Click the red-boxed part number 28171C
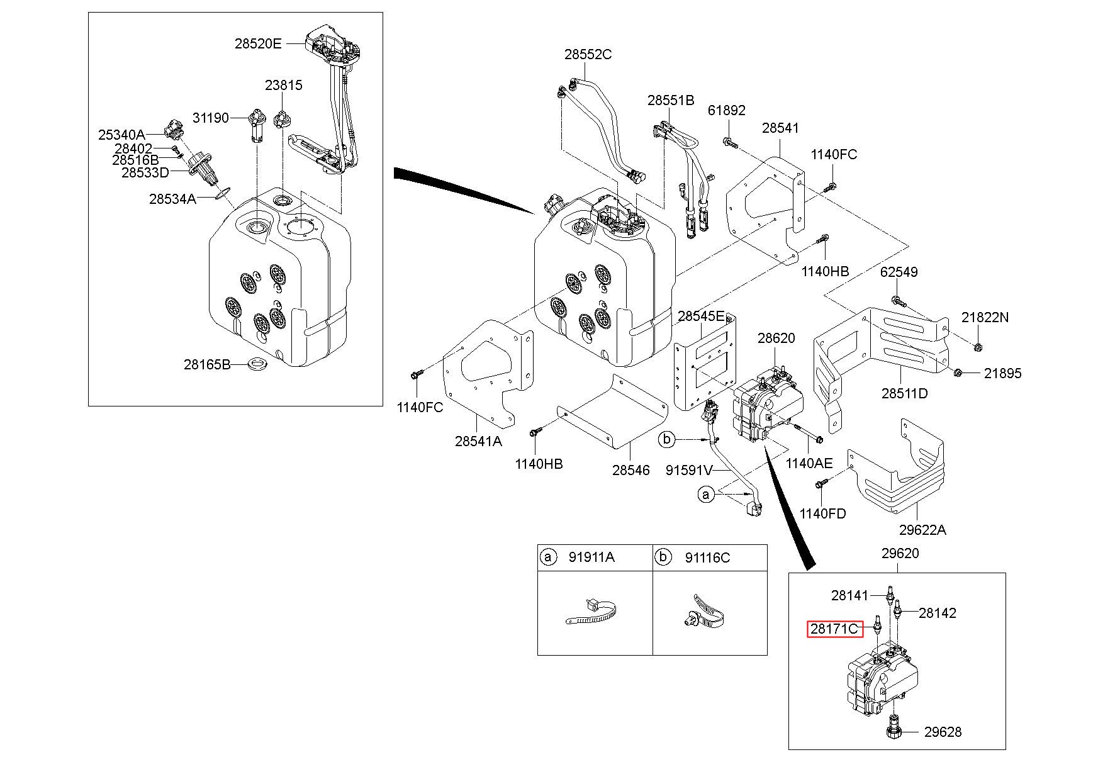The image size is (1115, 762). click(834, 629)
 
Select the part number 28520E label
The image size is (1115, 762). click(258, 43)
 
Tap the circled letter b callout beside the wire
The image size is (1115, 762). click(667, 439)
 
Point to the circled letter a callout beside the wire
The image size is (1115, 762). click(705, 495)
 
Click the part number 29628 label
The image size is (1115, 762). click(943, 732)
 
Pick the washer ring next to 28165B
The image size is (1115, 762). click(256, 364)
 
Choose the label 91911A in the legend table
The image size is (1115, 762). click(591, 557)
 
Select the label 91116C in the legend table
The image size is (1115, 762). click(707, 557)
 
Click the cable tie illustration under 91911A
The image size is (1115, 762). click(590, 612)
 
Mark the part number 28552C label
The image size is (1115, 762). click(588, 54)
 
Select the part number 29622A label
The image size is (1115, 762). click(922, 529)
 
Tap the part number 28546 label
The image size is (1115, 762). click(630, 469)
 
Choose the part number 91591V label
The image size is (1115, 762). click(689, 469)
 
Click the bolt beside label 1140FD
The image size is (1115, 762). click(821, 484)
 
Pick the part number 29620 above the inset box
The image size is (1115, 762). click(900, 553)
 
